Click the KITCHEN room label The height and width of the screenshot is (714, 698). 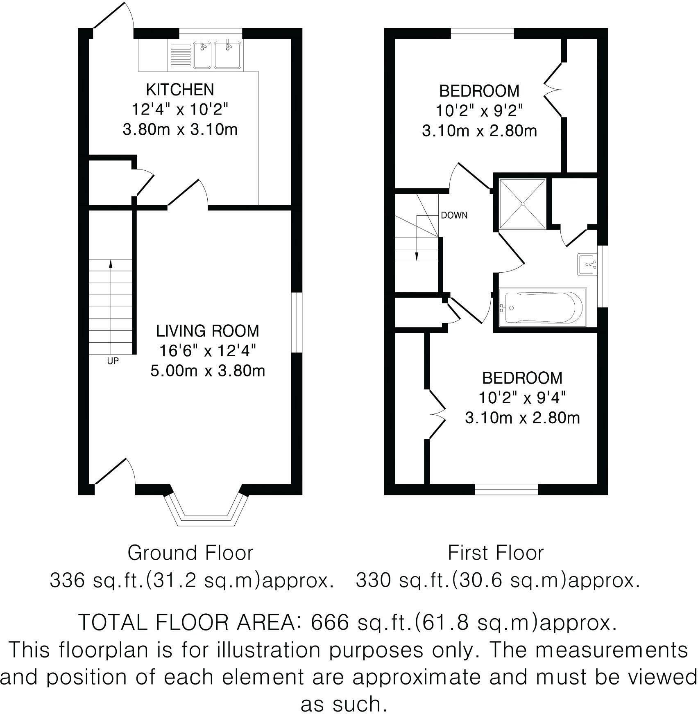pyautogui.click(x=180, y=89)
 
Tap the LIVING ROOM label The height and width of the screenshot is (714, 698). pyautogui.click(x=208, y=331)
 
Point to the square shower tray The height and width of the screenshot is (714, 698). pyautogui.click(x=523, y=203)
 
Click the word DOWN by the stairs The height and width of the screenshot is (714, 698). pyautogui.click(x=454, y=215)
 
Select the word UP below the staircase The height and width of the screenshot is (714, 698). pyautogui.click(x=113, y=361)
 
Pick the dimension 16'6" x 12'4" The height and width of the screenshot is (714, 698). pyautogui.click(x=208, y=351)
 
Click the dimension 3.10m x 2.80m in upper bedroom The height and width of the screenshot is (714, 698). pyautogui.click(x=479, y=131)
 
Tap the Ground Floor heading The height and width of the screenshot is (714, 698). pyautogui.click(x=190, y=553)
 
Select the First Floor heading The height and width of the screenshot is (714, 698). pyautogui.click(x=496, y=553)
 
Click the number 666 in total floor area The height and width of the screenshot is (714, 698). pyautogui.click(x=330, y=623)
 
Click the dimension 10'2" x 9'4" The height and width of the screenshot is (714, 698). pyautogui.click(x=522, y=398)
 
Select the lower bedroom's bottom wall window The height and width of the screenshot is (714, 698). pyautogui.click(x=506, y=489)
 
